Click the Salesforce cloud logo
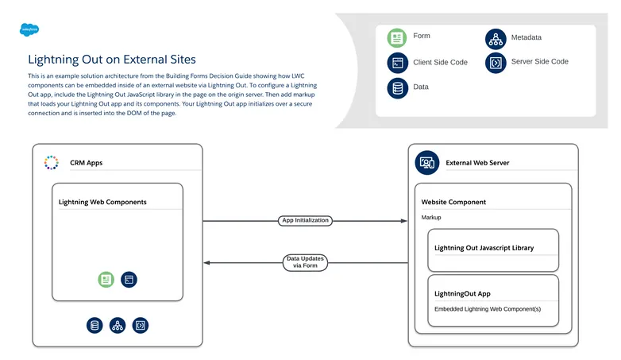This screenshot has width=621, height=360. point(29,29)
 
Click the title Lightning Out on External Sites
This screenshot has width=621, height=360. point(111,60)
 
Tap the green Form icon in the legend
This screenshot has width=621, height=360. point(396,37)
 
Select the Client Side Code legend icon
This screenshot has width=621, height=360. point(396,63)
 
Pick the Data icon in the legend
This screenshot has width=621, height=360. point(396,87)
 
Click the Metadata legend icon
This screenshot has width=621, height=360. point(496,38)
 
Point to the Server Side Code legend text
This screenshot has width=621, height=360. point(539,61)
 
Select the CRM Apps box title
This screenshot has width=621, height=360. point(86,163)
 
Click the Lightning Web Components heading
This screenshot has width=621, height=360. point(102,202)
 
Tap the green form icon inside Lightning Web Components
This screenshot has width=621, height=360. point(106,279)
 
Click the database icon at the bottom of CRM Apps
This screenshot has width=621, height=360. point(95,325)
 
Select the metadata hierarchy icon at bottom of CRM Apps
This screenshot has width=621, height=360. point(118,325)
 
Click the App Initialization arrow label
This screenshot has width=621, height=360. point(305,220)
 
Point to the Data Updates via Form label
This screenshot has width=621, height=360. point(305,262)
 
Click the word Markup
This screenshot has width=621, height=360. point(431,217)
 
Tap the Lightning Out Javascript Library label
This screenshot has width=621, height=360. point(484,248)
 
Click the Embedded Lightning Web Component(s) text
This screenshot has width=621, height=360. point(487,308)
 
